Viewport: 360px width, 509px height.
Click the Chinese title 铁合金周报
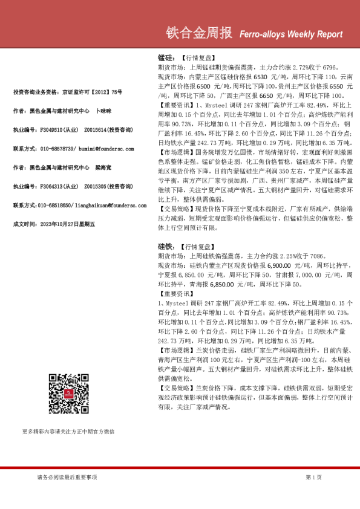[x=198, y=34]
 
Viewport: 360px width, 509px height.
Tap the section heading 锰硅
[x=165, y=57]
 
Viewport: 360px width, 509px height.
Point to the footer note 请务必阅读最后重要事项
[x=63, y=477]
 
